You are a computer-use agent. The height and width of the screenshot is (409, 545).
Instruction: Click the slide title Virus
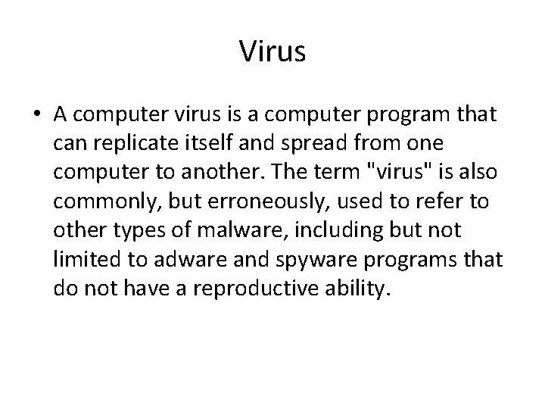272,51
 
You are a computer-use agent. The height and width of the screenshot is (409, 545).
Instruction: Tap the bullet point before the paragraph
36,115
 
